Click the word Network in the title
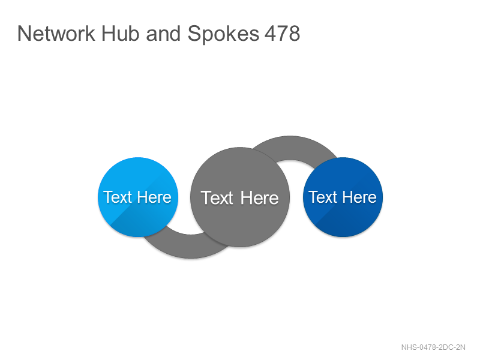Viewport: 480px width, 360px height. tap(56, 34)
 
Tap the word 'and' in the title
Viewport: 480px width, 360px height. tap(163, 34)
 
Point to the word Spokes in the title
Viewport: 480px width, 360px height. tap(223, 34)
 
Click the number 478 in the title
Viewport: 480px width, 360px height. tap(282, 34)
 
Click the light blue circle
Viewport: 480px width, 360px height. tap(138, 197)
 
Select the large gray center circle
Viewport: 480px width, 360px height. tap(240, 197)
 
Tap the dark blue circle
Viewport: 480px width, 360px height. tap(343, 197)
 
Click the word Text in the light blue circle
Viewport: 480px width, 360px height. tap(117, 197)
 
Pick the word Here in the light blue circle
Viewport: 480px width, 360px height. tap(154, 197)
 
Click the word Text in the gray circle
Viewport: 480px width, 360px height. tap(217, 198)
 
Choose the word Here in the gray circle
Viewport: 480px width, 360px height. tap(260, 198)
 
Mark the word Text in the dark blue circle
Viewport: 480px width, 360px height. tap(322, 197)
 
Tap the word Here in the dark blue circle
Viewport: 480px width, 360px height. tap(359, 197)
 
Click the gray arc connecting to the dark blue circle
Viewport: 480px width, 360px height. tap(290, 148)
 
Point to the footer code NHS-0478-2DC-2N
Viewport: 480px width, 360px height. tap(433, 347)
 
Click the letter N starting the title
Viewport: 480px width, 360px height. tap(24, 34)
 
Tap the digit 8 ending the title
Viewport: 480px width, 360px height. tap(294, 34)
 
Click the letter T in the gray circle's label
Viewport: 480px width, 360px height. tap(205, 198)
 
